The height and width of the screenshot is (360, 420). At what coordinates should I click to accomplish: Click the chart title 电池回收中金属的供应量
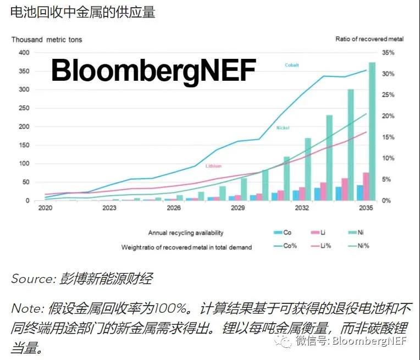82,12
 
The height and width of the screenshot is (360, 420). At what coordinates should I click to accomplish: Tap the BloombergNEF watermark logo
154,71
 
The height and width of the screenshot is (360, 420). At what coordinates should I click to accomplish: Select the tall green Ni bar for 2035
372,132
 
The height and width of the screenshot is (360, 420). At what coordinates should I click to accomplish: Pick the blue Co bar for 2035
360,193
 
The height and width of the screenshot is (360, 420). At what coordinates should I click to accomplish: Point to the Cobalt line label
291,65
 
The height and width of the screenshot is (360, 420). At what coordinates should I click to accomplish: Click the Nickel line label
282,128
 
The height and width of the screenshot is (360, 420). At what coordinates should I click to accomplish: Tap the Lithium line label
214,165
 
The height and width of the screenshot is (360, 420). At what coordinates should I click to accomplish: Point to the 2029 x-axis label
237,208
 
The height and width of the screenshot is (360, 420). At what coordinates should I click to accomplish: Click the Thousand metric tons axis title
47,40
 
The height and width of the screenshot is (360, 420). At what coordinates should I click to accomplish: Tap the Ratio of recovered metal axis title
369,40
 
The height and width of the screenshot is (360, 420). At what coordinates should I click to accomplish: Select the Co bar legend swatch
279,233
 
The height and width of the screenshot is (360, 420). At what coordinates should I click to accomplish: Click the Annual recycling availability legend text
186,233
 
